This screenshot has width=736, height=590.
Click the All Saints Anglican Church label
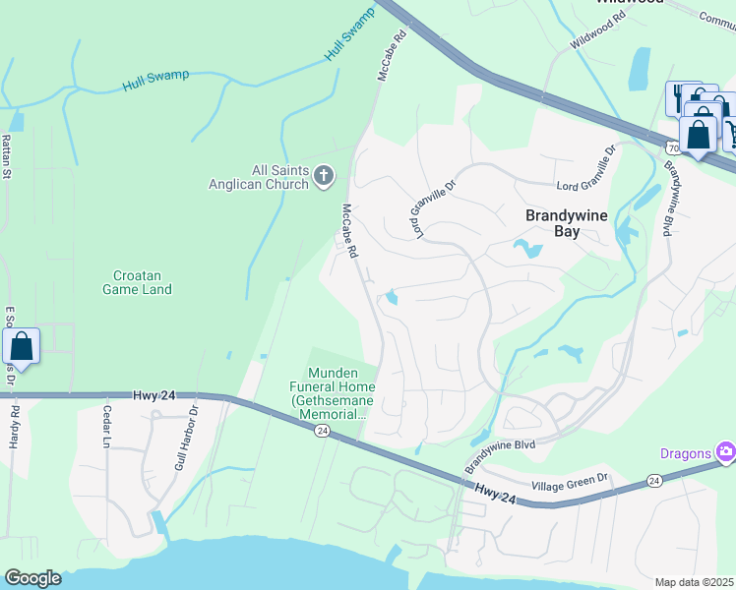tap(259, 176)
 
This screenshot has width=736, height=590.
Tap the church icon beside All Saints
tap(325, 176)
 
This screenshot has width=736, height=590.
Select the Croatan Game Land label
tap(137, 282)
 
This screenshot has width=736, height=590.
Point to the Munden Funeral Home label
tap(341, 393)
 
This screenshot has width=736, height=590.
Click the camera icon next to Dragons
tap(726, 451)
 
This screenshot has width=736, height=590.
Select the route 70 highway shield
tap(672, 147)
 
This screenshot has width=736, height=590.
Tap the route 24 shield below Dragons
tap(654, 481)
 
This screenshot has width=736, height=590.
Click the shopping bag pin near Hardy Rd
tap(22, 347)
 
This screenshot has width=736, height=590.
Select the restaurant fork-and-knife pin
tap(681, 98)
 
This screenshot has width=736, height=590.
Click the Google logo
tap(32, 578)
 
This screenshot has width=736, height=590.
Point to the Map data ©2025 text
tap(694, 582)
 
